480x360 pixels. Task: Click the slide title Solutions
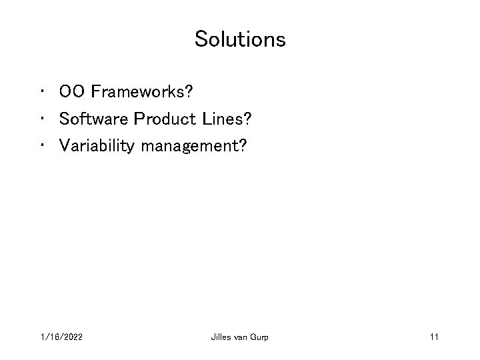[x=240, y=39]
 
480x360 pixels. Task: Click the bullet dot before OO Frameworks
[x=43, y=89]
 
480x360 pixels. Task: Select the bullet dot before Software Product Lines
[x=43, y=117]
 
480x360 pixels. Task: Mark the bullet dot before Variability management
[x=43, y=145]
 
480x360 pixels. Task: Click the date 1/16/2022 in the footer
[x=61, y=338]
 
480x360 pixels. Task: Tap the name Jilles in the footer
[x=221, y=338]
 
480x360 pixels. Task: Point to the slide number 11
[x=433, y=338]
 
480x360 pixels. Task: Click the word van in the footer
[x=242, y=338]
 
